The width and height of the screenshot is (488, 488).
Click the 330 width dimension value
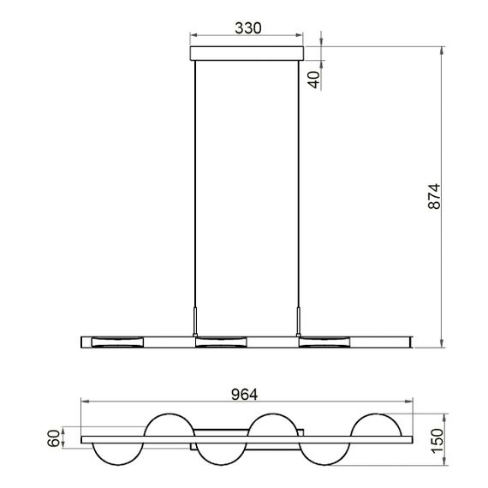pos(247,27)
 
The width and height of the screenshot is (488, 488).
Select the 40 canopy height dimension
pos(313,80)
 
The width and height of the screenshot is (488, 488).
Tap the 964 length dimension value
pos(246,396)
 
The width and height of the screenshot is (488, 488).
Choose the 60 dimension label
pos(54,439)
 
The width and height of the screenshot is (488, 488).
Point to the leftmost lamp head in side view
pos(118,342)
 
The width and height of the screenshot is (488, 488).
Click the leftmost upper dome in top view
pos(171,426)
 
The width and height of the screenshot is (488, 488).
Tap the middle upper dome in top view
pos(274,426)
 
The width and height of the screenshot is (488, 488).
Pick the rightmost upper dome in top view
pos(378,426)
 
